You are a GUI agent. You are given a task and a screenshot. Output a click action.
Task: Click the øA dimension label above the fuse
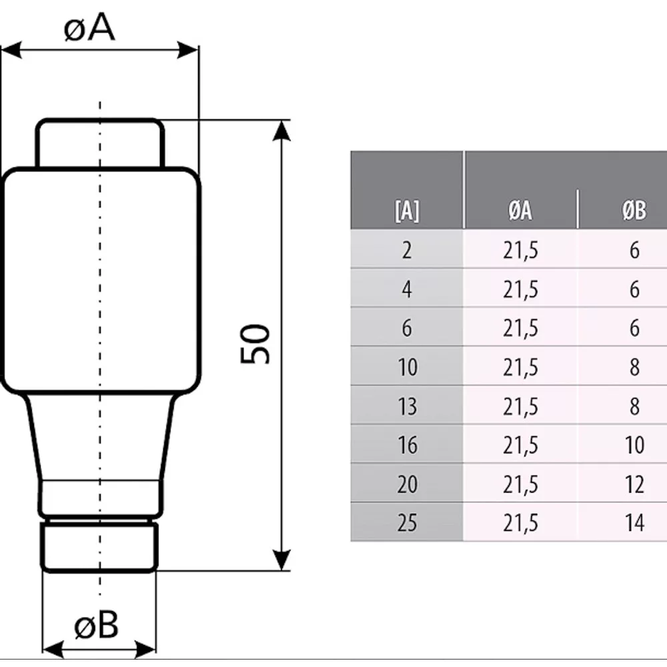coord(89,28)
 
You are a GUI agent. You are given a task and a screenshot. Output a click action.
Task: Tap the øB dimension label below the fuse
coord(96,626)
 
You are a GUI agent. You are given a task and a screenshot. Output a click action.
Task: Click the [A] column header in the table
coord(407,210)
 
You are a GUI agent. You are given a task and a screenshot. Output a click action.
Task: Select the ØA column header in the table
coord(520,210)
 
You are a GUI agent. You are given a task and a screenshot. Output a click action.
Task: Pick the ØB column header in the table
coord(634,210)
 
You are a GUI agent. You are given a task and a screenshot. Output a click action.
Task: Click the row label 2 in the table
coord(407,250)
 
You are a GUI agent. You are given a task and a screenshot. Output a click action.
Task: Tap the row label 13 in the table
coord(407,406)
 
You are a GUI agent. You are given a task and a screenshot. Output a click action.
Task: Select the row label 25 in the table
coord(407,523)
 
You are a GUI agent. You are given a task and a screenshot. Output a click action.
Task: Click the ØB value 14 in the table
coord(634,523)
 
